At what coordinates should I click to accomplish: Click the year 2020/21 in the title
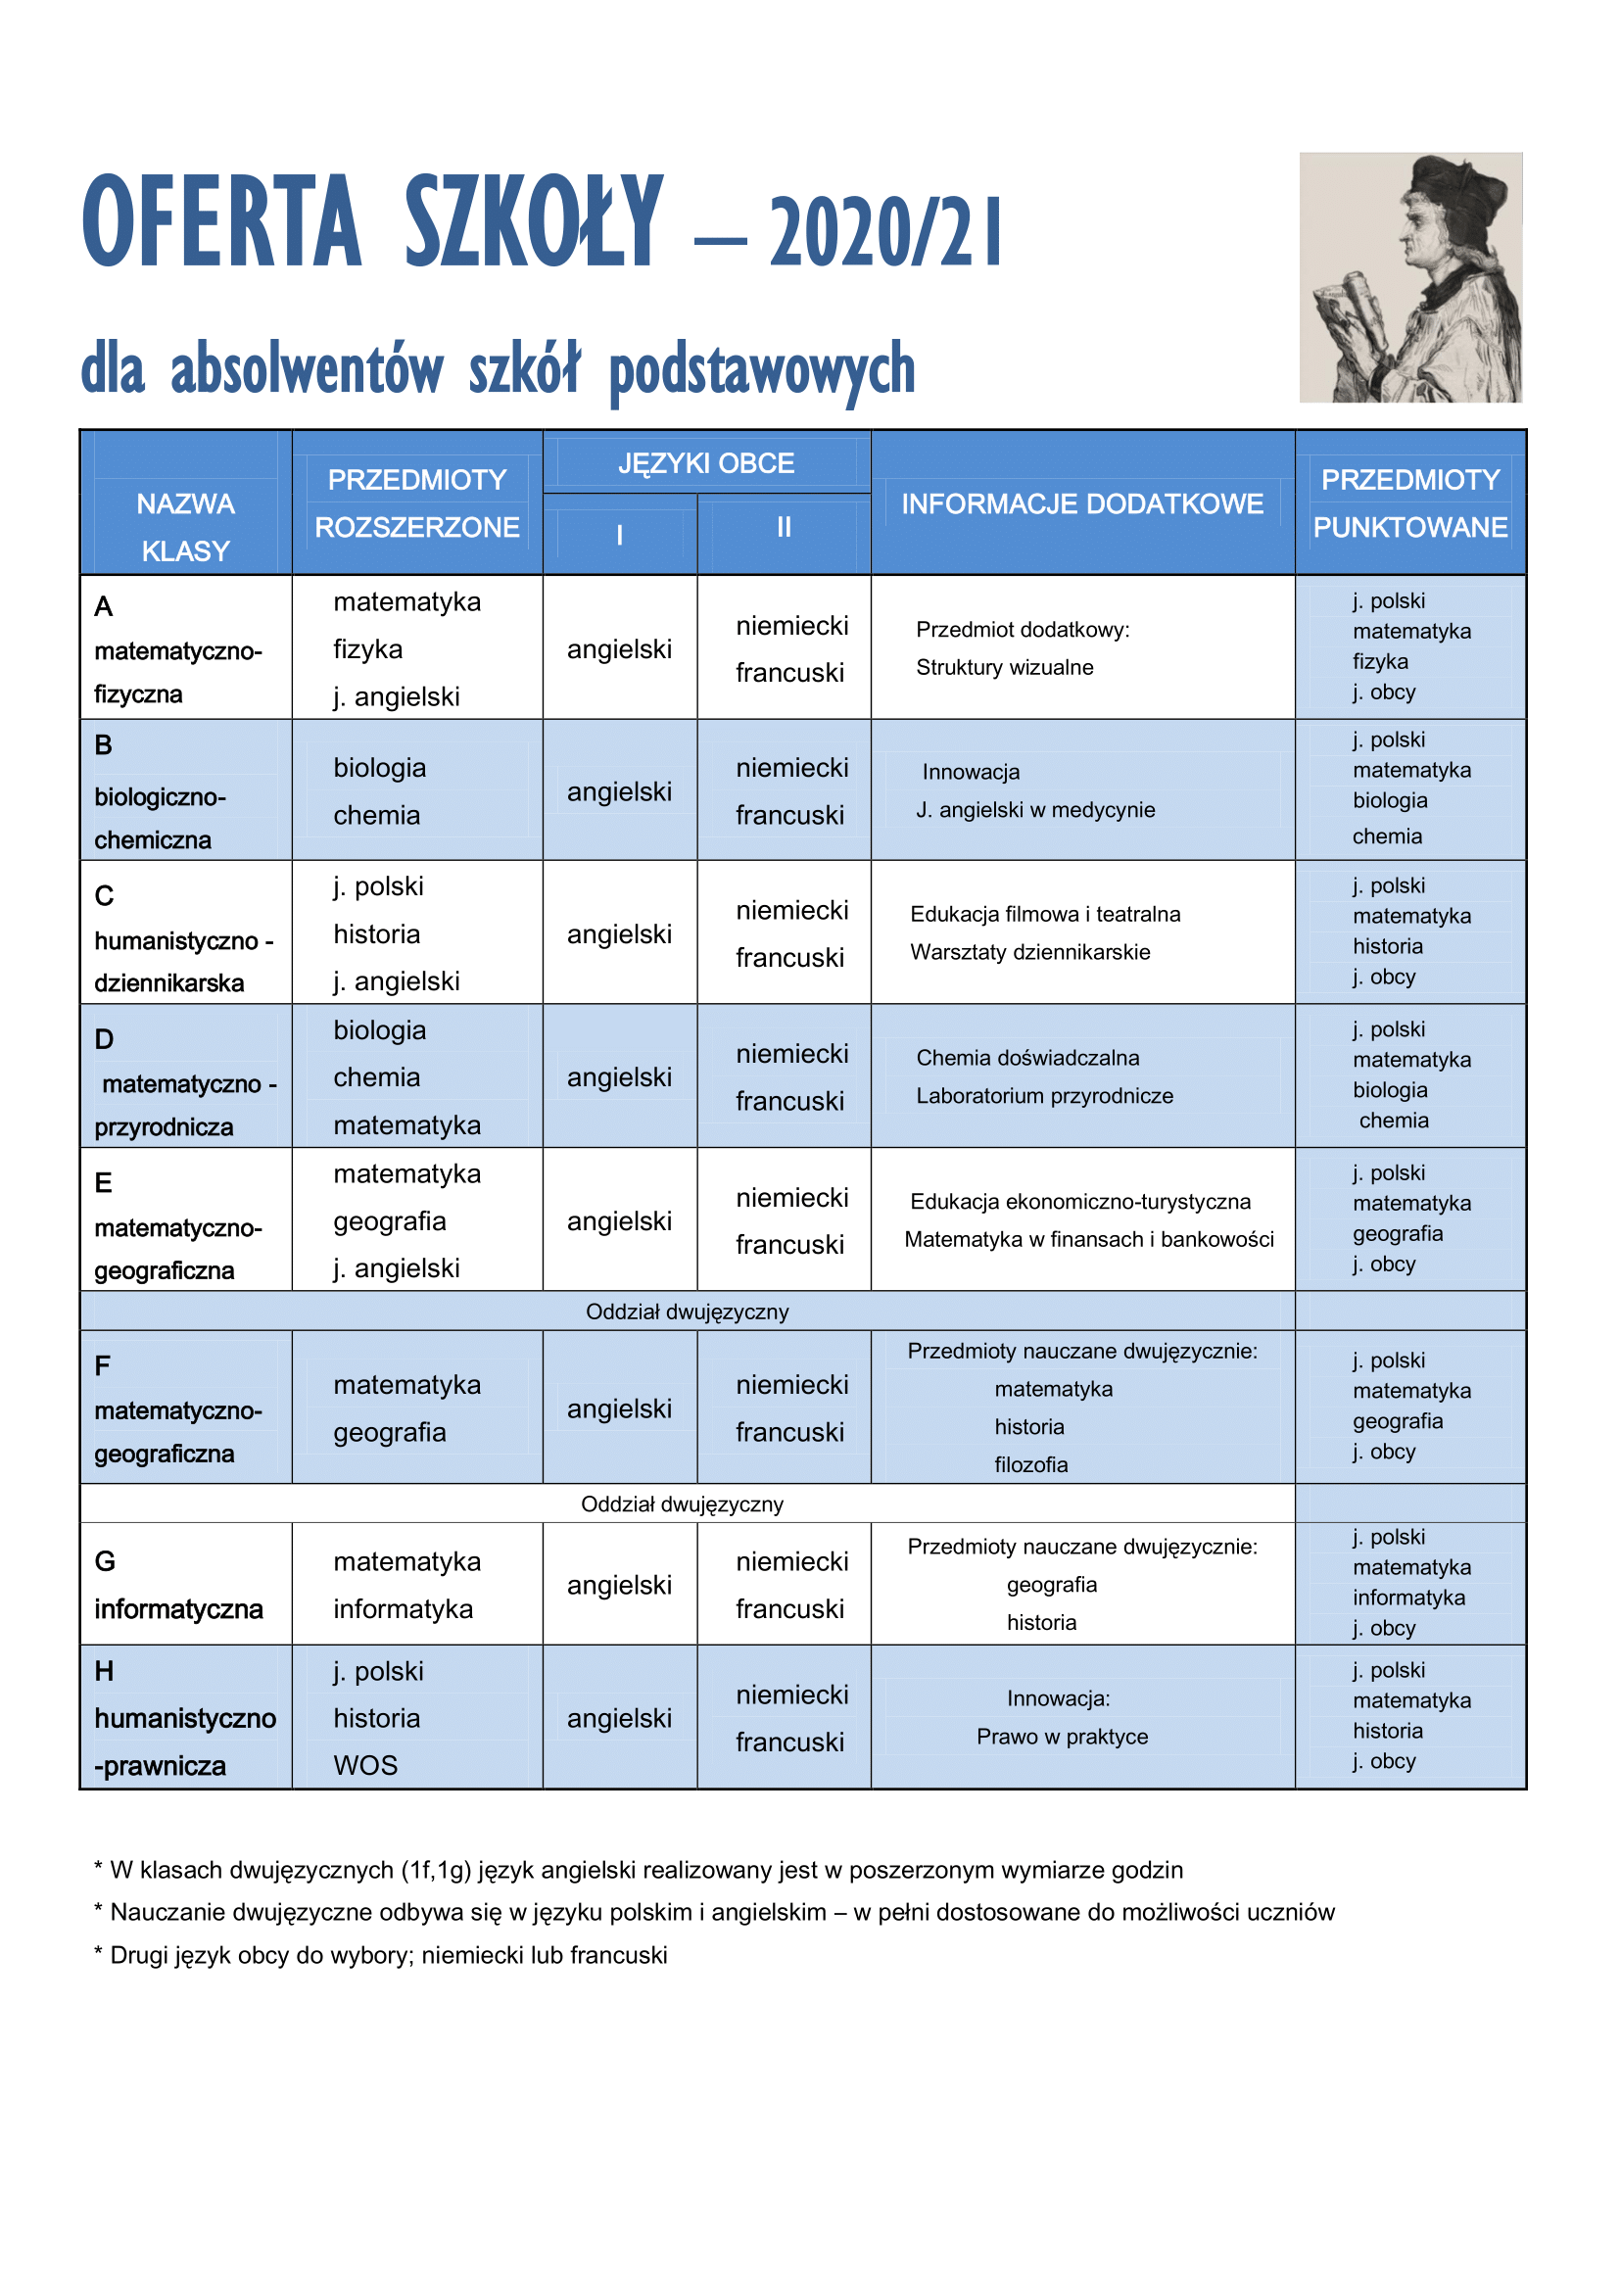click(x=884, y=232)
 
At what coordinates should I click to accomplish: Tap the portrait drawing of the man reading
click(x=1409, y=277)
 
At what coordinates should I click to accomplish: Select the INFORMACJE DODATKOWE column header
click(x=1082, y=503)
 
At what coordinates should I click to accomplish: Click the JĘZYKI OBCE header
click(x=706, y=463)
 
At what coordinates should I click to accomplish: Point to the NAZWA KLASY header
click(x=185, y=527)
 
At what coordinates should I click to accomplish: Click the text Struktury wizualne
click(x=1004, y=668)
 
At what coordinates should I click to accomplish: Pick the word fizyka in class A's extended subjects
click(x=368, y=649)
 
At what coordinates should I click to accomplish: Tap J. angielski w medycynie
click(x=1035, y=810)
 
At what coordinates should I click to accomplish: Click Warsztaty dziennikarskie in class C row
click(x=1029, y=952)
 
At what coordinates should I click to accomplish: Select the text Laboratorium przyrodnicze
click(x=1044, y=1096)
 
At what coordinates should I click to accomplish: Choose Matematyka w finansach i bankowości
click(x=1088, y=1239)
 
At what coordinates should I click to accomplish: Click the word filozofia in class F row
click(x=1030, y=1464)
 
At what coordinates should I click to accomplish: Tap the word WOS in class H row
click(x=366, y=1765)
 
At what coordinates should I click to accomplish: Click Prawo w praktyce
click(x=1063, y=1738)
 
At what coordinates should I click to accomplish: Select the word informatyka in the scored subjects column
click(x=1408, y=1598)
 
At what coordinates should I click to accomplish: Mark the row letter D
click(x=104, y=1040)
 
